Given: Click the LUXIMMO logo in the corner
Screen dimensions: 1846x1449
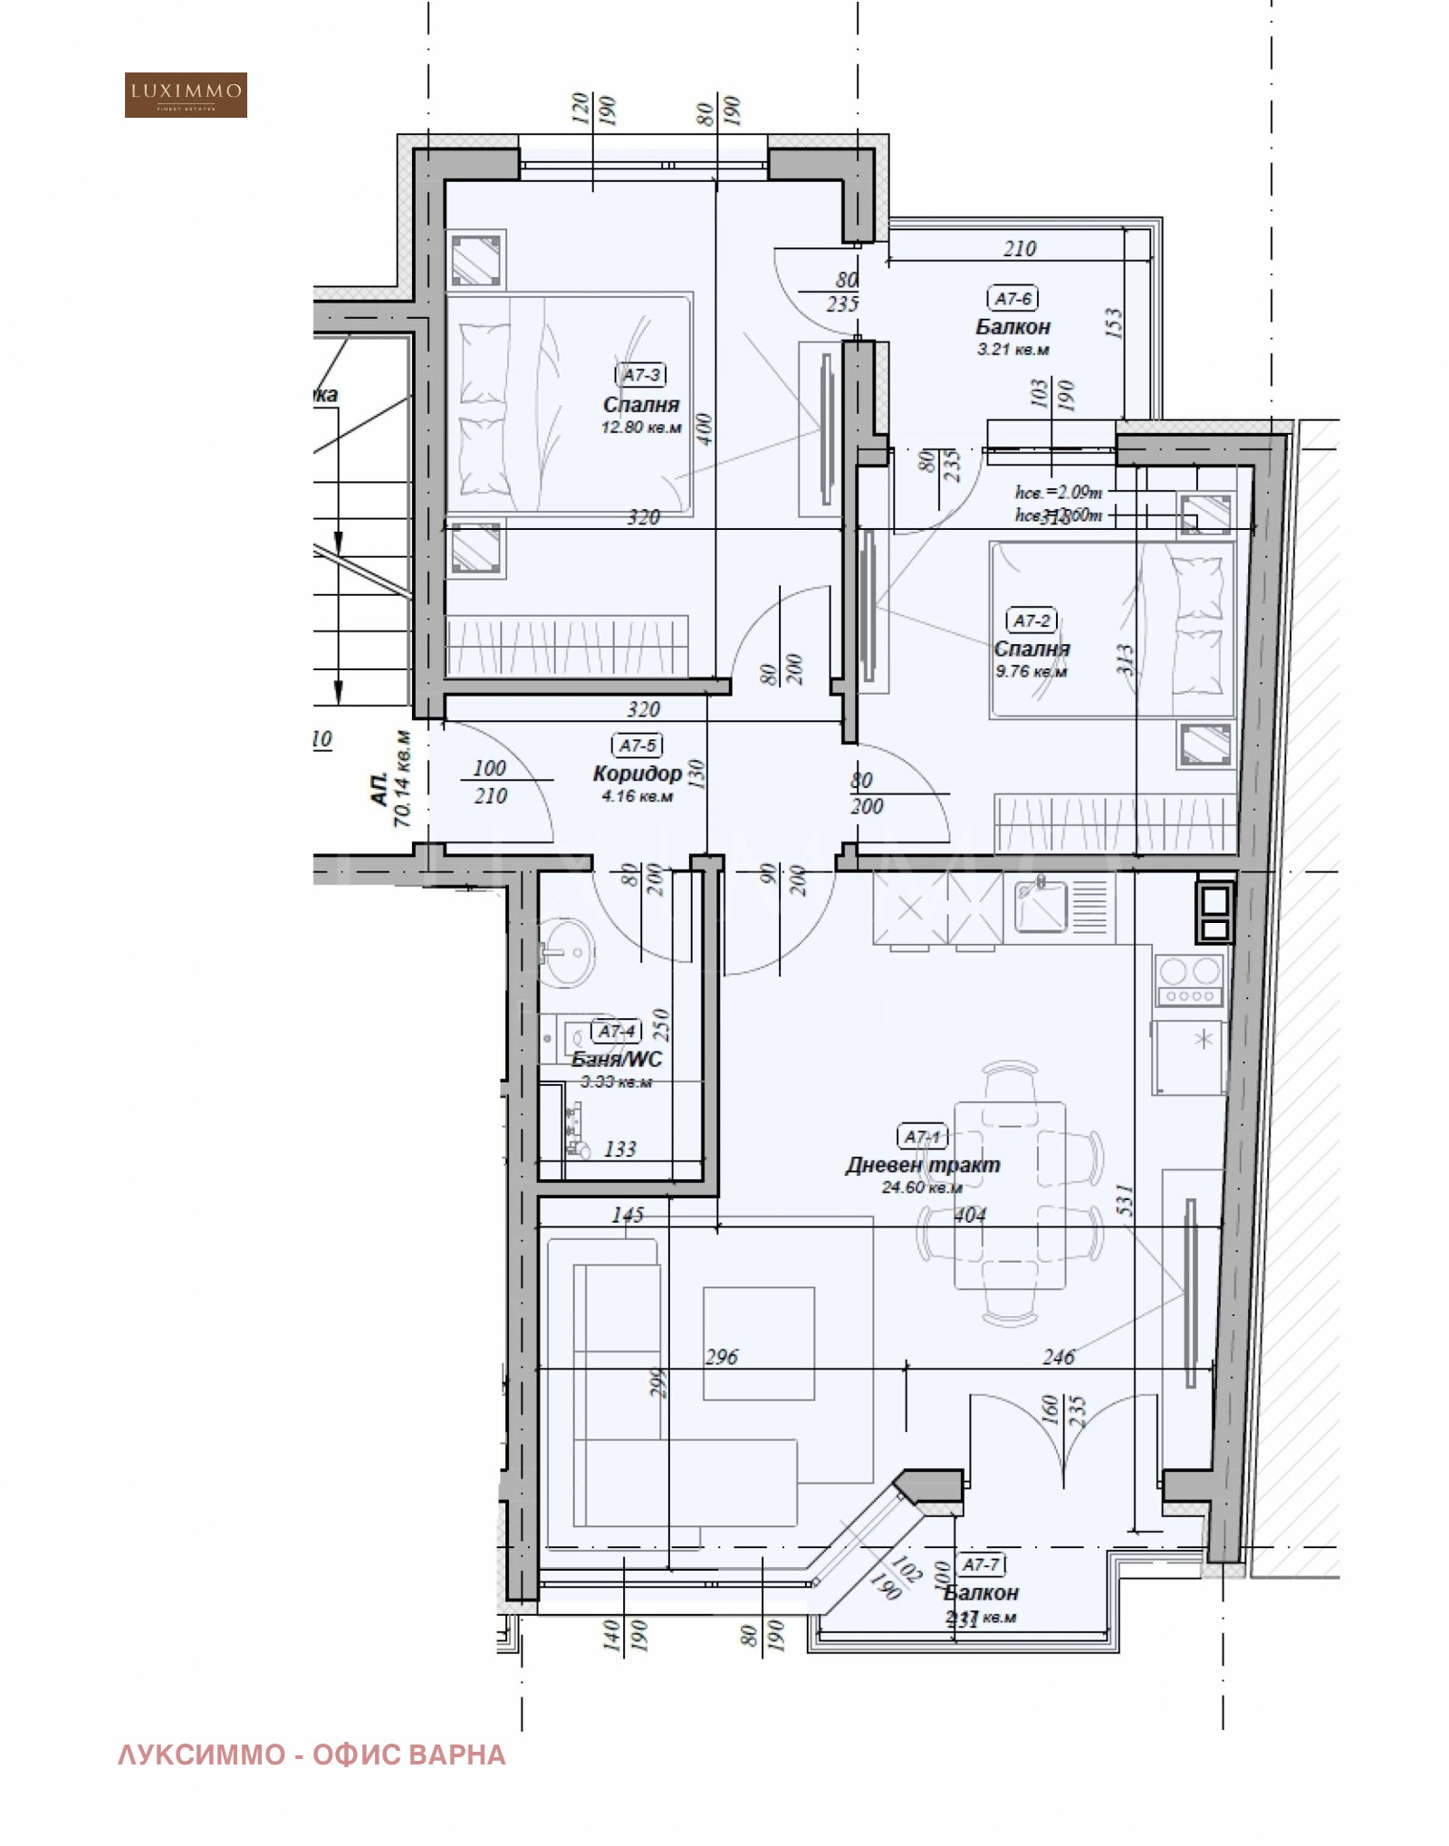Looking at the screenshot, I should click(186, 95).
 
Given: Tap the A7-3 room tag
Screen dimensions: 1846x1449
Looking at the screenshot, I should click(641, 374).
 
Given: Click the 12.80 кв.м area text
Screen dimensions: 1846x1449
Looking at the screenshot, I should click(641, 427).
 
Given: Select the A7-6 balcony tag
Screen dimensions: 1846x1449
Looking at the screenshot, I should click(1012, 298).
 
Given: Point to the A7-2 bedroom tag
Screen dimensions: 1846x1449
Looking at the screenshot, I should click(1032, 620).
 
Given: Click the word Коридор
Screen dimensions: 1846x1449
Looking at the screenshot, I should click(637, 773).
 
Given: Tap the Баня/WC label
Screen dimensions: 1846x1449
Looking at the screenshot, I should click(617, 1059).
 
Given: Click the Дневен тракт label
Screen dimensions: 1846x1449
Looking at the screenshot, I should click(923, 1165).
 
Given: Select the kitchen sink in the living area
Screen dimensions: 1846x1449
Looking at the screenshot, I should click(1041, 905).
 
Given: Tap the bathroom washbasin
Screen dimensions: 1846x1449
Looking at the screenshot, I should click(568, 951).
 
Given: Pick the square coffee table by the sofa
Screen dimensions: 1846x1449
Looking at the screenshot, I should click(759, 1343).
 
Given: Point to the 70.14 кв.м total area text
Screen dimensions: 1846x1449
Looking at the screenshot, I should click(401, 779).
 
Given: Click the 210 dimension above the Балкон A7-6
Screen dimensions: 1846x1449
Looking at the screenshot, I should click(1020, 248).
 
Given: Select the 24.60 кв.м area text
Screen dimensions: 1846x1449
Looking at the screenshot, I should click(922, 1187).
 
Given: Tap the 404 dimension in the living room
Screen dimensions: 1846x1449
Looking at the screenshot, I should click(970, 1215).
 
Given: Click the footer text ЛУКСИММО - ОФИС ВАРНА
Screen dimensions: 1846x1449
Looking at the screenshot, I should click(312, 1755).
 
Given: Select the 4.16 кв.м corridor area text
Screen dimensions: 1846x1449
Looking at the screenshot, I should click(637, 796).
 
